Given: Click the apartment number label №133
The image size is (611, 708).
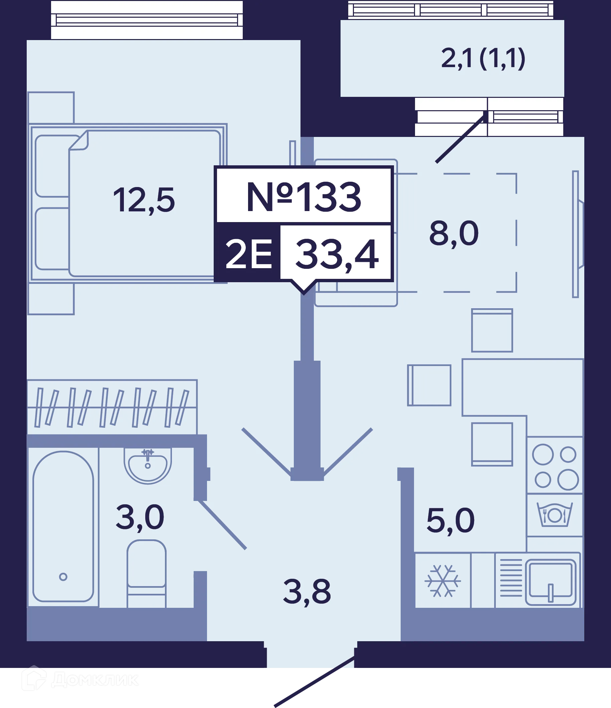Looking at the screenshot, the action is (x=303, y=197).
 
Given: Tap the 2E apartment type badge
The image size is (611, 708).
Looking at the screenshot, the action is (x=249, y=253).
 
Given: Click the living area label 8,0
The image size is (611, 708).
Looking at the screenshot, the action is (x=454, y=234).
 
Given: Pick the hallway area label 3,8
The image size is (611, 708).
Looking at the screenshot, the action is (x=307, y=592).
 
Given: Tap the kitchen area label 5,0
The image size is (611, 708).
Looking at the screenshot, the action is (x=450, y=520).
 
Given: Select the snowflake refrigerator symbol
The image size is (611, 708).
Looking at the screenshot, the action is (x=443, y=580).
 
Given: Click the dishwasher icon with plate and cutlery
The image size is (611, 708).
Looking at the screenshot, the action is (x=555, y=514).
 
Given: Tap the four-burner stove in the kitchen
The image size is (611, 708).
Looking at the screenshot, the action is (x=555, y=465).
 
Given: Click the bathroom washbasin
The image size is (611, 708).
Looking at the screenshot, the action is (x=148, y=466).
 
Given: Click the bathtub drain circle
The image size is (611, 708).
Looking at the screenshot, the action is (x=63, y=577).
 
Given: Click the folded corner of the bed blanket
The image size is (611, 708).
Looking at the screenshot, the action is (x=79, y=141).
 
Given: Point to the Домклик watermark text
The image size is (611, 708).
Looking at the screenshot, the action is (x=95, y=679).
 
